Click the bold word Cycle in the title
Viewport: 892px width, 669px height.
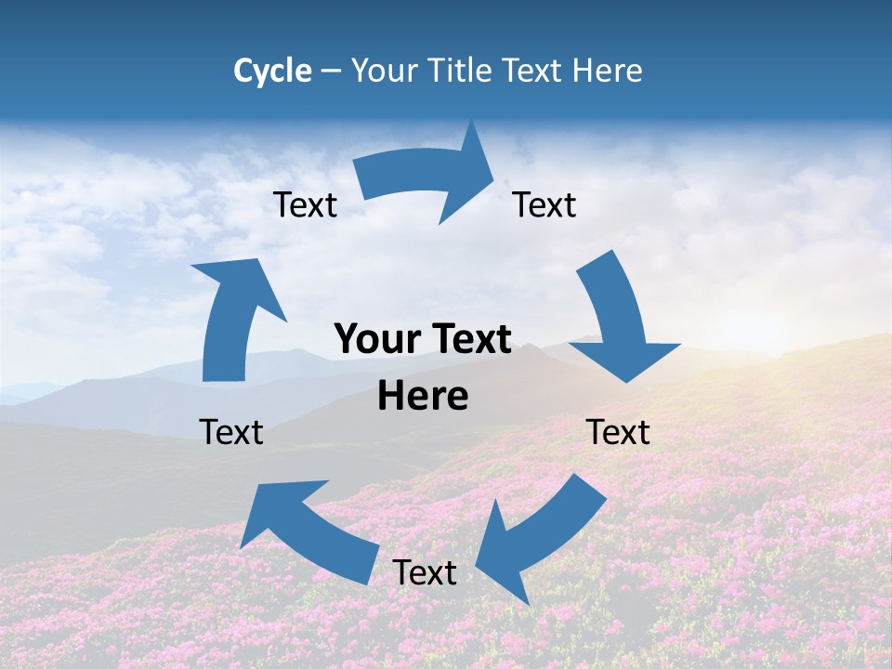point(272,71)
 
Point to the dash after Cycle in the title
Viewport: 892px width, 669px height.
point(331,72)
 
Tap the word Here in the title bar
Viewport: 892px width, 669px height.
point(608,71)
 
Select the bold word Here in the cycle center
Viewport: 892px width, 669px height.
point(423,396)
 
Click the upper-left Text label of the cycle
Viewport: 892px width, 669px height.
point(305,204)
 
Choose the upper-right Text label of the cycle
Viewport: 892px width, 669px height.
point(544,204)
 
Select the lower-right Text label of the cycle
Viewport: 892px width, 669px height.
point(618,432)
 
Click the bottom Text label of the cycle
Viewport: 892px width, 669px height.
point(425,572)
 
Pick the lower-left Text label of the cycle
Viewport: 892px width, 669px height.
point(231,432)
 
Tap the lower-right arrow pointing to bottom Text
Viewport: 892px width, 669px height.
point(548,530)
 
